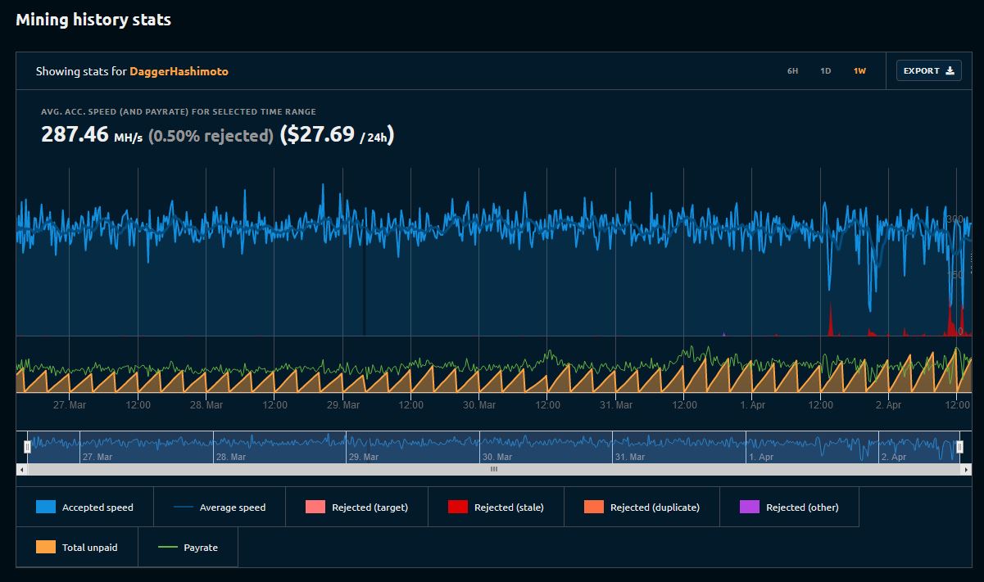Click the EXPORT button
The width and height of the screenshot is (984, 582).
pyautogui.click(x=928, y=71)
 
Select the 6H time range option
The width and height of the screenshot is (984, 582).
pyautogui.click(x=792, y=71)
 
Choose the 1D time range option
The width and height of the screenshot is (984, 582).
pyautogui.click(x=825, y=71)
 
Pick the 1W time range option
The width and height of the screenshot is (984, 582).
pyautogui.click(x=859, y=71)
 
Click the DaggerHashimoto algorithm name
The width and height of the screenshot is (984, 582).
pyautogui.click(x=179, y=71)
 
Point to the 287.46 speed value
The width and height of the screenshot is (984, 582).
pyautogui.click(x=75, y=134)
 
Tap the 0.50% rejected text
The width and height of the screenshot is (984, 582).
pyautogui.click(x=211, y=136)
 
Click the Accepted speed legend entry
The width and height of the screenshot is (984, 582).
pyautogui.click(x=84, y=508)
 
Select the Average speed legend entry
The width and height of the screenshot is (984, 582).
pyautogui.click(x=220, y=508)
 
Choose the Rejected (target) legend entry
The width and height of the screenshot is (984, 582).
pyautogui.click(x=356, y=508)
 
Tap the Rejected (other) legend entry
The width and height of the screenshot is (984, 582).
pyautogui.click(x=789, y=508)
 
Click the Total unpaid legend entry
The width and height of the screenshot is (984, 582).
pyautogui.click(x=77, y=548)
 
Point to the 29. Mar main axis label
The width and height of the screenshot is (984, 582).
pyautogui.click(x=342, y=405)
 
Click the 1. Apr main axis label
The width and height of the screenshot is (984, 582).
pyautogui.click(x=752, y=405)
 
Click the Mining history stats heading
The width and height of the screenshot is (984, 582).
pyautogui.click(x=93, y=20)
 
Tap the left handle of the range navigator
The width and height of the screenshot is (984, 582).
pyautogui.click(x=28, y=447)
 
